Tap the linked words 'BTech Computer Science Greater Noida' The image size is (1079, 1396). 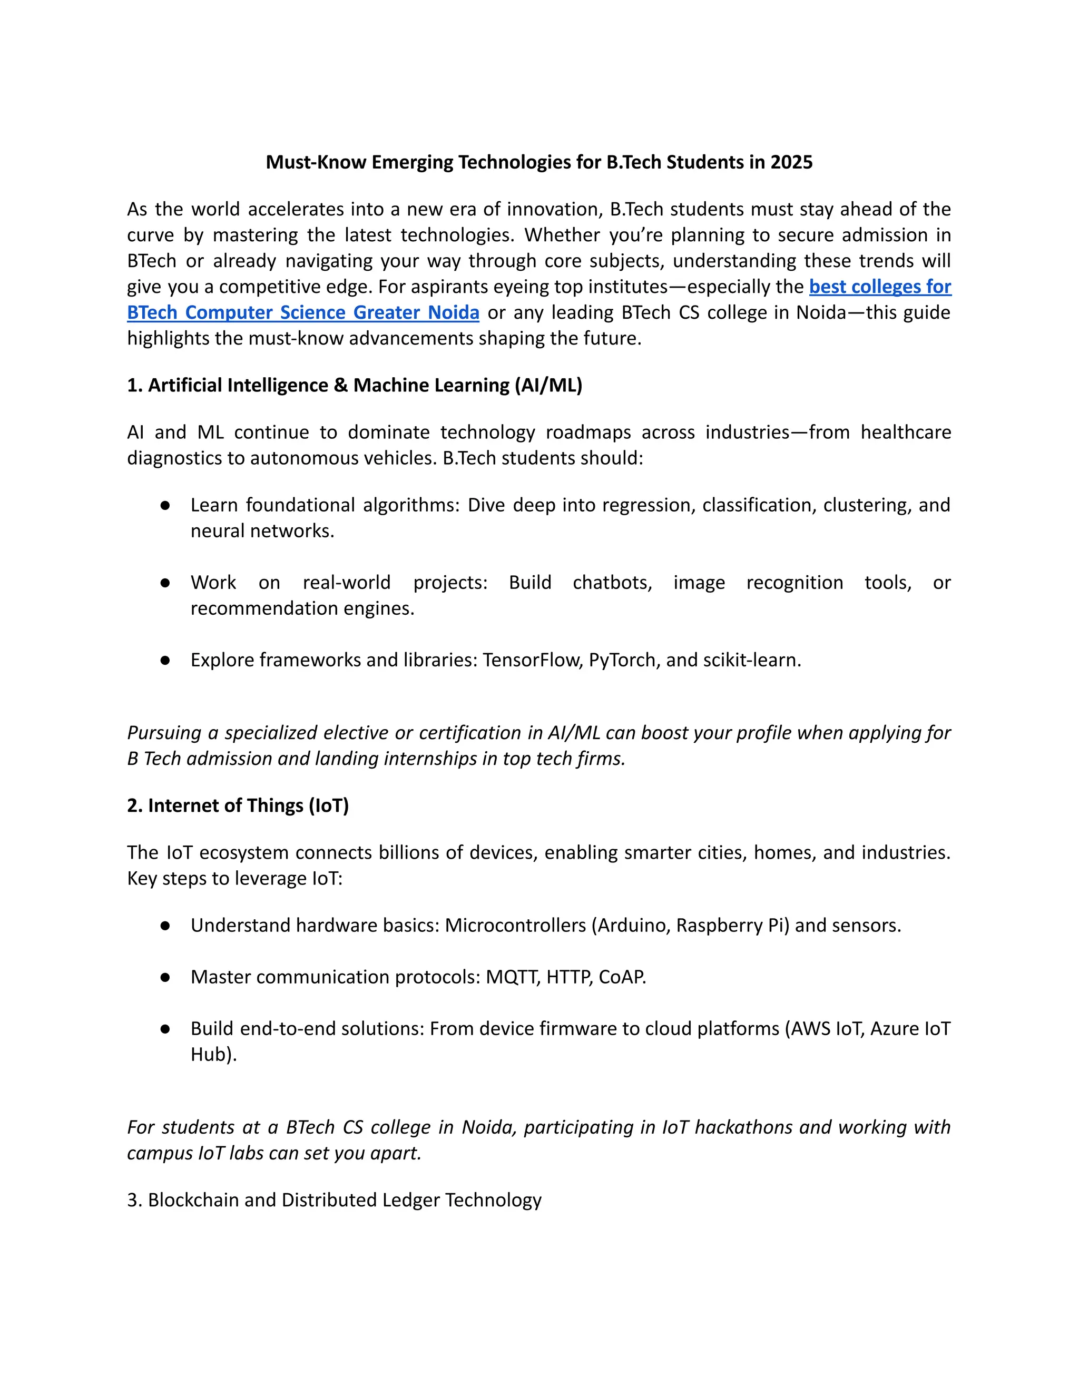point(303,312)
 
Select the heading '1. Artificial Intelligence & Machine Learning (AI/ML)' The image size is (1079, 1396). point(355,386)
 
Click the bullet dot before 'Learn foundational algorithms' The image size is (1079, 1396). point(165,506)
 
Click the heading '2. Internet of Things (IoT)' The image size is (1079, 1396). point(238,805)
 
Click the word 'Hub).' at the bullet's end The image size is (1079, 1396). point(213,1054)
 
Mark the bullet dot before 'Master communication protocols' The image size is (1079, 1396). point(165,977)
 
